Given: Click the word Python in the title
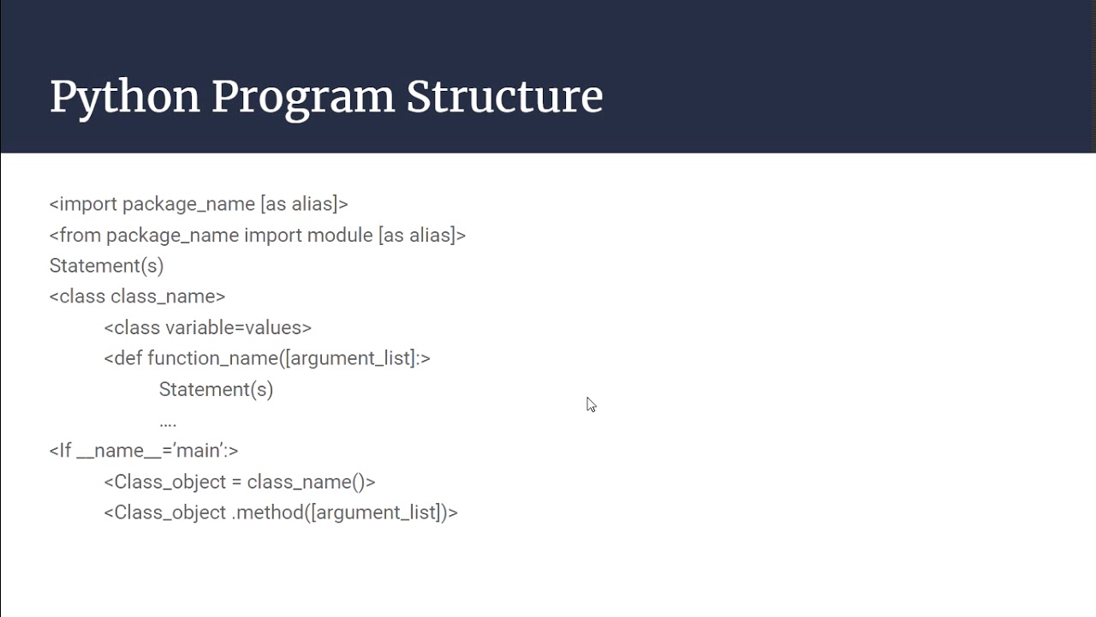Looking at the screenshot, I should (x=124, y=97).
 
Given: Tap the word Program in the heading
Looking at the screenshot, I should (x=302, y=97).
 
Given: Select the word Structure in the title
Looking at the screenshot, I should (x=504, y=97).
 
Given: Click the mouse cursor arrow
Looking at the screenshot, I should (x=591, y=404).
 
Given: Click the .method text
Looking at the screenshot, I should (x=267, y=512).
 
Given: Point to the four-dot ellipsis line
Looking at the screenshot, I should (x=168, y=422).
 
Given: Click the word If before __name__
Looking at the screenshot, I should (x=65, y=451).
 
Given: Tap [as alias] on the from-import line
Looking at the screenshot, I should (x=417, y=235).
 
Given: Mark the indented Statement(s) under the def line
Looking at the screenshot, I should (x=216, y=389).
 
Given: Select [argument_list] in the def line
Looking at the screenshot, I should (x=350, y=358).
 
